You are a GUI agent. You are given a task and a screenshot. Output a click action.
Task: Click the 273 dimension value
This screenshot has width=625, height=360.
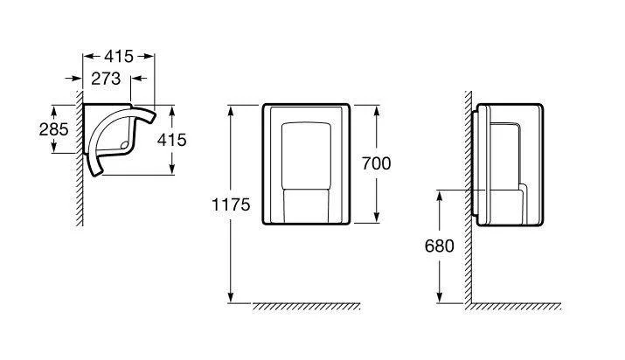coord(106,79)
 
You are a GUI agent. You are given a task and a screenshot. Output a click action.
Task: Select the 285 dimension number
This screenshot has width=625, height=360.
coord(54,129)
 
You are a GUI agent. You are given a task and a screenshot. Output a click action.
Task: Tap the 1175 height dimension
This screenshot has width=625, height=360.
coord(231,204)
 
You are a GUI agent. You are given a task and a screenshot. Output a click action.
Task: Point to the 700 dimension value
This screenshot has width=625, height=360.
coord(376,163)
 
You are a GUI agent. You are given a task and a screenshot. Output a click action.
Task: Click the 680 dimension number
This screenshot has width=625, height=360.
coord(440,246)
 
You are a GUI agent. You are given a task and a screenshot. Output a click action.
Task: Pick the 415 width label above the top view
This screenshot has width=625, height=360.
coord(119,57)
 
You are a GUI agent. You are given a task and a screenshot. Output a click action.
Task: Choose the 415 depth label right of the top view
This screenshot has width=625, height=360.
coord(172,140)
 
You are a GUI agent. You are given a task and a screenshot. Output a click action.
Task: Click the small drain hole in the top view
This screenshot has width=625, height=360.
coord(124,145)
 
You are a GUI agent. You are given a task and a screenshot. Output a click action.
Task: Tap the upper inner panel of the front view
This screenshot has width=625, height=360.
coord(306,156)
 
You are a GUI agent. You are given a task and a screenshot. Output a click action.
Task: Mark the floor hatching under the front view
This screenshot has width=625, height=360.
coord(307,306)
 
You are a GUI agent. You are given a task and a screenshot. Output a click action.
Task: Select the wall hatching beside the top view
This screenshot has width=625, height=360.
coord(80,158)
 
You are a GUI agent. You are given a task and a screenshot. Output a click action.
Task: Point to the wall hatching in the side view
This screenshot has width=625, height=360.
coord(468,197)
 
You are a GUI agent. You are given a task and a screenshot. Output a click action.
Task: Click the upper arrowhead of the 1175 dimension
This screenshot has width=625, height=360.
coord(231,110)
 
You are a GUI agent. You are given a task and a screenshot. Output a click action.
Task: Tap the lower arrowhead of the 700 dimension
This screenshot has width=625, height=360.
coord(376,218)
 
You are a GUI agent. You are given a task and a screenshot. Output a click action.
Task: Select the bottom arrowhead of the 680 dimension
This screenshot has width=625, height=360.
coord(440,298)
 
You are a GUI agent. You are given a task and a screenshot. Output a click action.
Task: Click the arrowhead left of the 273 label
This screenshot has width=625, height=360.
coord(77,79)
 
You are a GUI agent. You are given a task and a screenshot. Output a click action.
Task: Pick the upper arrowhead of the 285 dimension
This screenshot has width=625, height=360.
coord(54,110)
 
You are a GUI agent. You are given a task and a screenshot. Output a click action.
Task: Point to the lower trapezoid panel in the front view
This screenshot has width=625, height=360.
coord(306,206)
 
